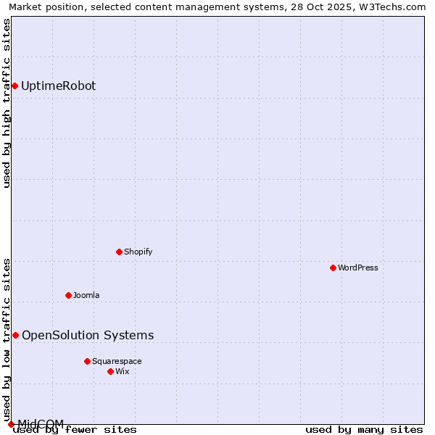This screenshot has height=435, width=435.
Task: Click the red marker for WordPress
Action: pyautogui.click(x=333, y=268)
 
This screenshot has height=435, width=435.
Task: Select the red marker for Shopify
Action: pyautogui.click(x=120, y=252)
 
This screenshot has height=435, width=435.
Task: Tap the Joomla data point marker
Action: pyautogui.click(x=69, y=295)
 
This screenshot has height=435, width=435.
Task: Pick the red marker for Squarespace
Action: pyautogui.click(x=88, y=361)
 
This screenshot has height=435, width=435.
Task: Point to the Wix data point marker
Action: pyautogui.click(x=111, y=371)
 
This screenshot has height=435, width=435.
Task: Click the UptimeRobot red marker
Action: pyautogui.click(x=14, y=86)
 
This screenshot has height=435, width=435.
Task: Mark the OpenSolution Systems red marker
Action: pyautogui.click(x=15, y=335)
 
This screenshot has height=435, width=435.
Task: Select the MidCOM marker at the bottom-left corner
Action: pyautogui.click(x=11, y=424)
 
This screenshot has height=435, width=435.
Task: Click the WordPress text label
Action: pyautogui.click(x=358, y=268)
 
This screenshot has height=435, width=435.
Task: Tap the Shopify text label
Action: pyautogui.click(x=138, y=252)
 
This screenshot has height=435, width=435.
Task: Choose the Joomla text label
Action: pyautogui.click(x=86, y=295)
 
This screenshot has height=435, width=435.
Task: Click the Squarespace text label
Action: pyautogui.click(x=117, y=361)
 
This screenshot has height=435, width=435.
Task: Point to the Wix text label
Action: pyautogui.click(x=123, y=371)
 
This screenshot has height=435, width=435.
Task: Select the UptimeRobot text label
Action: pyautogui.click(x=59, y=86)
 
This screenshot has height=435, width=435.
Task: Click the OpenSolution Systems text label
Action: pyautogui.click(x=88, y=335)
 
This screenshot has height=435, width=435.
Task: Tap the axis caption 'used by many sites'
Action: pyautogui.click(x=364, y=429)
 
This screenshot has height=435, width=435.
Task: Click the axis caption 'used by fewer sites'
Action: pyautogui.click(x=75, y=430)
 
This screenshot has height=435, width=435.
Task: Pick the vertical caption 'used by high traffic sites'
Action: pyautogui.click(x=7, y=103)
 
